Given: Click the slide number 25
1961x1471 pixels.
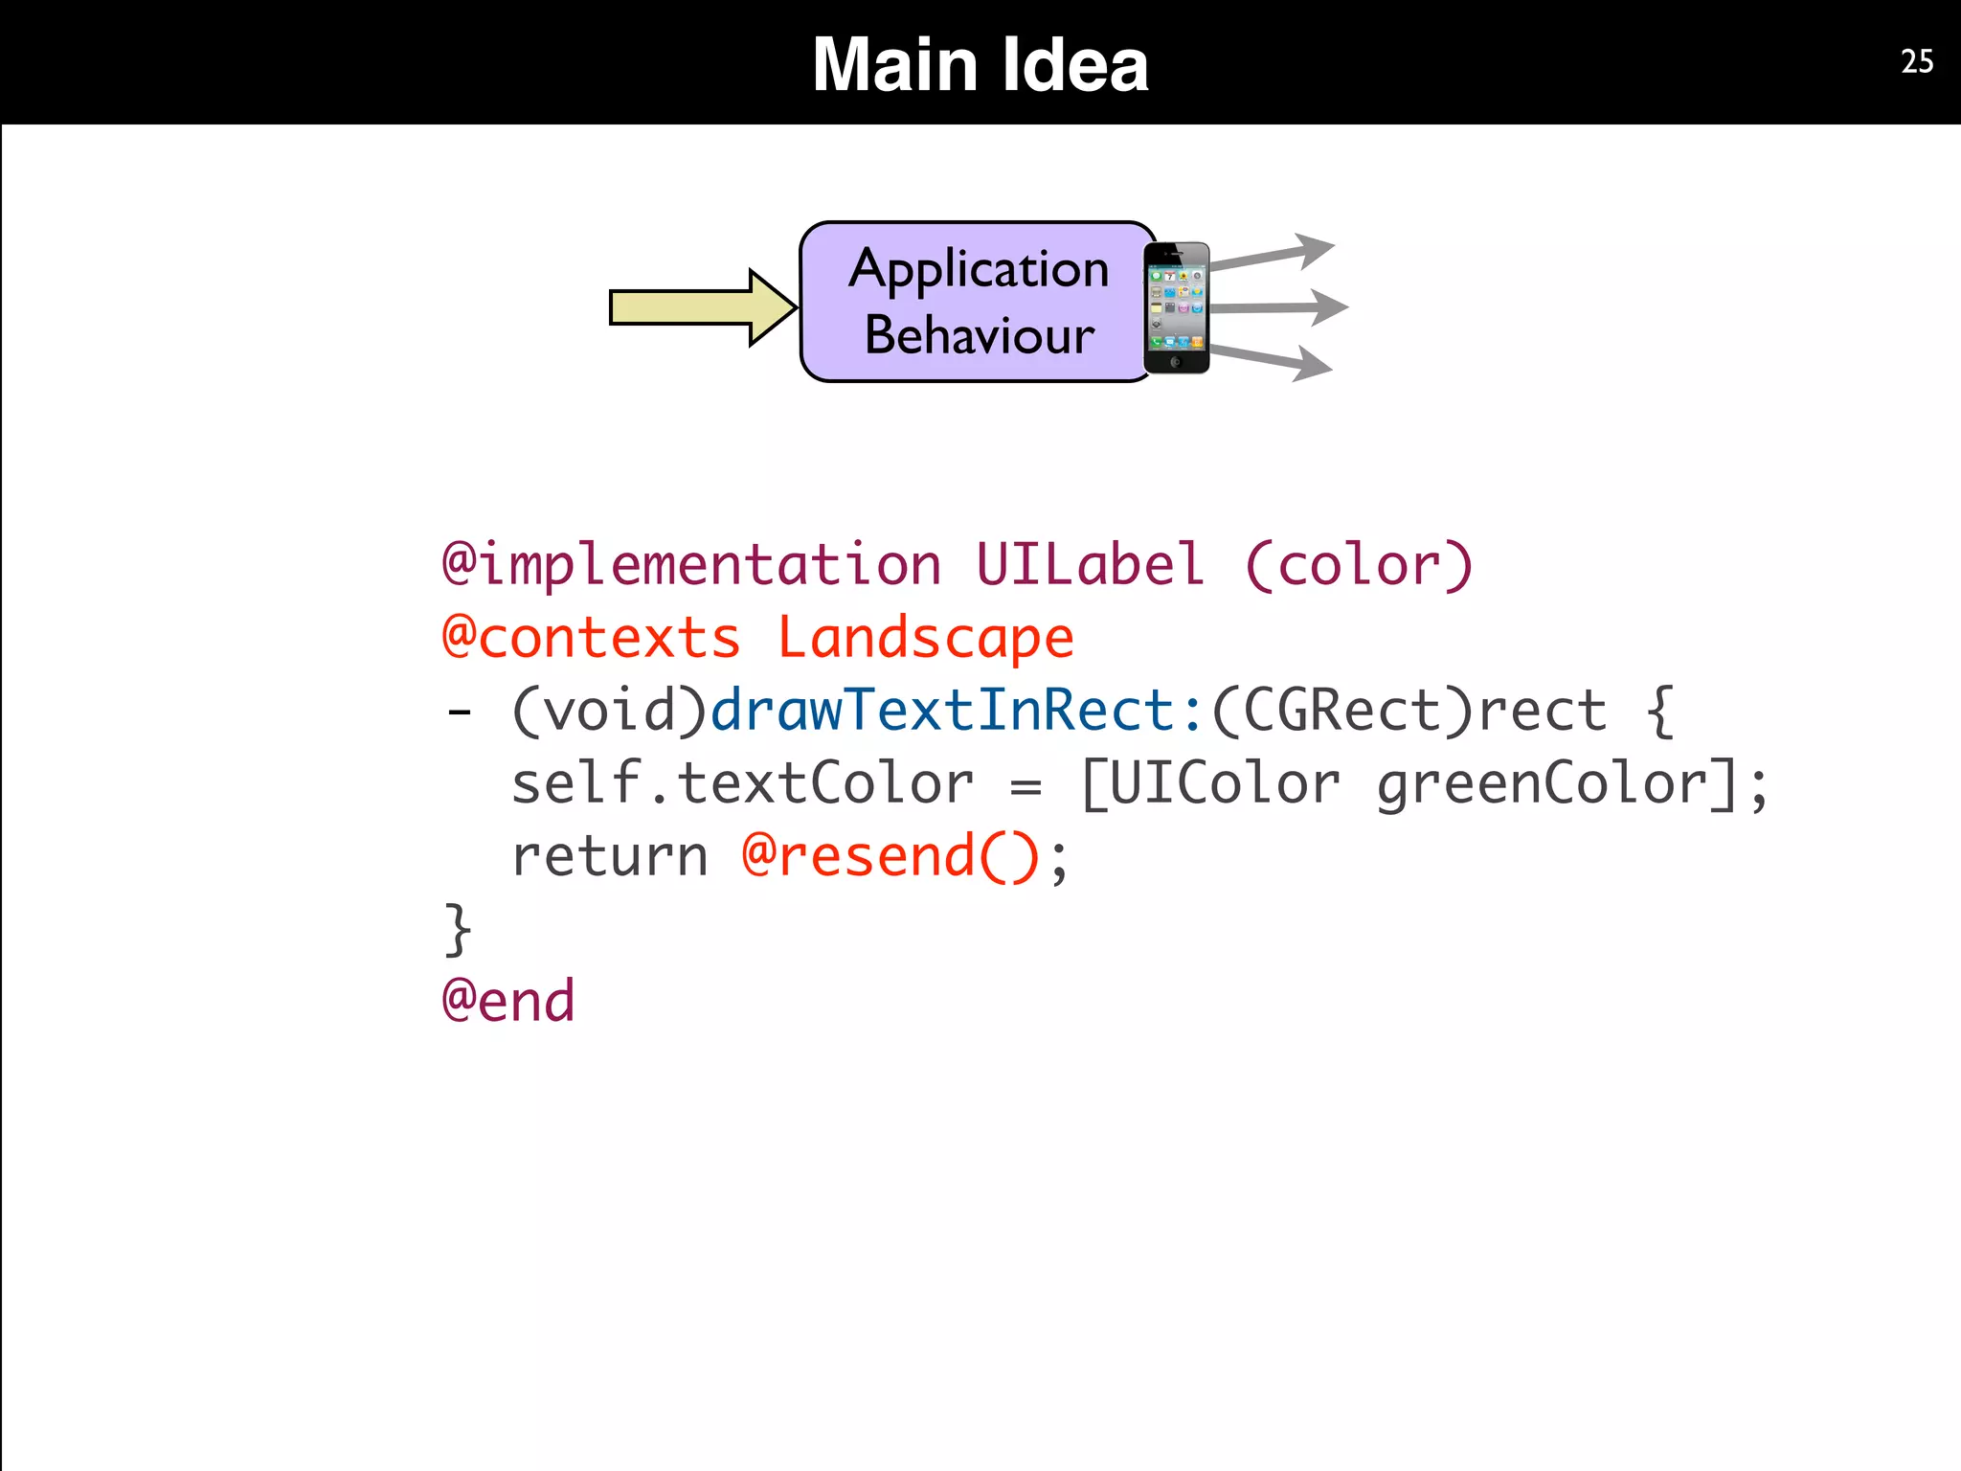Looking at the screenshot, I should (1917, 61).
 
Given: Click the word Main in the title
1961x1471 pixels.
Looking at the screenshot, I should (894, 64).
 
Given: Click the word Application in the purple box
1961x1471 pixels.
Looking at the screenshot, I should (979, 269).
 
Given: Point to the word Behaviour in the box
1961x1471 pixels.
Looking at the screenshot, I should (979, 335).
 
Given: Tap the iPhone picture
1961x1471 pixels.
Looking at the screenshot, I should (1177, 307).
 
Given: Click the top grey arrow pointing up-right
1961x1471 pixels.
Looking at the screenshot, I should (1273, 253).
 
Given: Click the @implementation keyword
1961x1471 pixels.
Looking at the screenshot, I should (691, 564).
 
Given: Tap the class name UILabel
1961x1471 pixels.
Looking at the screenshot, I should (1090, 564).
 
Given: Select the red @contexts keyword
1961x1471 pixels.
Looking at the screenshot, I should (591, 638).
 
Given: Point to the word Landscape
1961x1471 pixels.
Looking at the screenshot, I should (925, 638).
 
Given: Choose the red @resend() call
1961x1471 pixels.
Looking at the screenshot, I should (890, 855).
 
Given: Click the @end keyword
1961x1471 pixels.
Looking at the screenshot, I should (508, 1001).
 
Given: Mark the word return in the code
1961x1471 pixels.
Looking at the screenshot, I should (610, 855).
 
